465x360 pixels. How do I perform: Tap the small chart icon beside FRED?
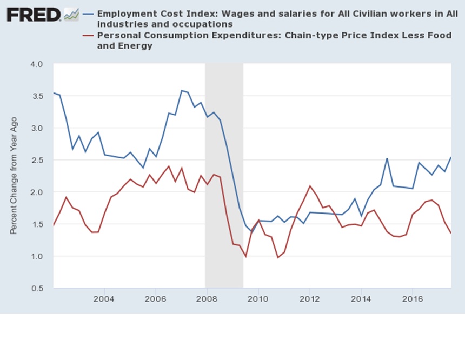pos(71,15)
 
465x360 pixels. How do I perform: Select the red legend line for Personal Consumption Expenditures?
pos(88,36)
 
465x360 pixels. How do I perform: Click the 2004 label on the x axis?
pos(104,299)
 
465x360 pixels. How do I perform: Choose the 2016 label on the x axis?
pos(413,299)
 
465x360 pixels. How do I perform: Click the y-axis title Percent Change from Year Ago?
pos(14,176)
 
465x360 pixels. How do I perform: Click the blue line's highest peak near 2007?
pos(182,90)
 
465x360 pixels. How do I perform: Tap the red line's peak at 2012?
pos(310,186)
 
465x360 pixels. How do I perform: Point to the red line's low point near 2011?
pos(278,257)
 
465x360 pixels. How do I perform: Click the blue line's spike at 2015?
pos(387,158)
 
